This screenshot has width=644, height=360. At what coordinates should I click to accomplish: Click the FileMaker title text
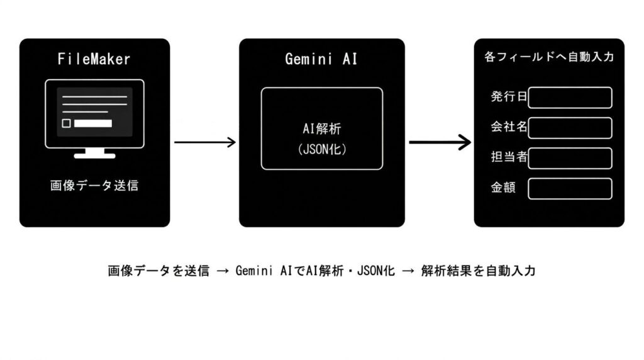point(94,60)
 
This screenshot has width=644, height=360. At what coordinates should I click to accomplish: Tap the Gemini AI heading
point(321,60)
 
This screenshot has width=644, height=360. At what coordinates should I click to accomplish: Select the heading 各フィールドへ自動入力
point(549,57)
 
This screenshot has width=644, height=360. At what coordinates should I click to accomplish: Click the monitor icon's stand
point(94,153)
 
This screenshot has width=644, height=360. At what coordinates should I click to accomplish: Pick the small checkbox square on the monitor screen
point(66,123)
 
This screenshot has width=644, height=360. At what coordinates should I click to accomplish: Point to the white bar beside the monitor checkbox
point(93,123)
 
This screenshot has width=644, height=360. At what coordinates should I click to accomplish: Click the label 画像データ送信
point(94,186)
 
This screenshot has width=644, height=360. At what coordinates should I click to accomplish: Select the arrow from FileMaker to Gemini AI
point(204,142)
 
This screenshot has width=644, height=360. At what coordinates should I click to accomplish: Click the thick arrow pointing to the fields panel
point(440,142)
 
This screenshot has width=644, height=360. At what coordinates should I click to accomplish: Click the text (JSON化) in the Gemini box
point(321,150)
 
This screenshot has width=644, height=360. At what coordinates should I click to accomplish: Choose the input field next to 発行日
point(570,98)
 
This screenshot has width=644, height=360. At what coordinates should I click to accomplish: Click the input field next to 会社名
point(570,128)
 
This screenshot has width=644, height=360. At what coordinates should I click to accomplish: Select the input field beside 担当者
point(570,158)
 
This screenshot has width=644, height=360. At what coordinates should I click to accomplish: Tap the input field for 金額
point(570,188)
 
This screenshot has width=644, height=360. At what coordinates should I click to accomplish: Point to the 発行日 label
point(509,98)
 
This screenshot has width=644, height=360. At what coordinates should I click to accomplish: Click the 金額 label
point(503,188)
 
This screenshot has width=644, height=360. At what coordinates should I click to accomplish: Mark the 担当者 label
point(509,157)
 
